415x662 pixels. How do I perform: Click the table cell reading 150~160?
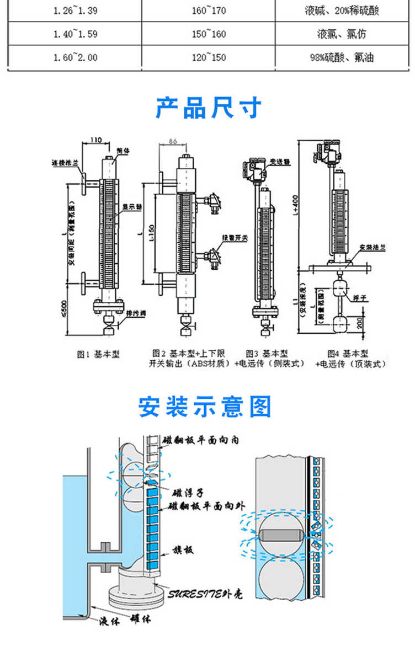(x=209, y=34)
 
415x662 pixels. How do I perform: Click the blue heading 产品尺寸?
(x=208, y=108)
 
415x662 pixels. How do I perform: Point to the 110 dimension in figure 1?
(x=95, y=141)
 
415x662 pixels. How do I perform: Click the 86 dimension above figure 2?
(x=172, y=142)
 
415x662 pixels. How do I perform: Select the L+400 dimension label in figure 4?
(x=303, y=207)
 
